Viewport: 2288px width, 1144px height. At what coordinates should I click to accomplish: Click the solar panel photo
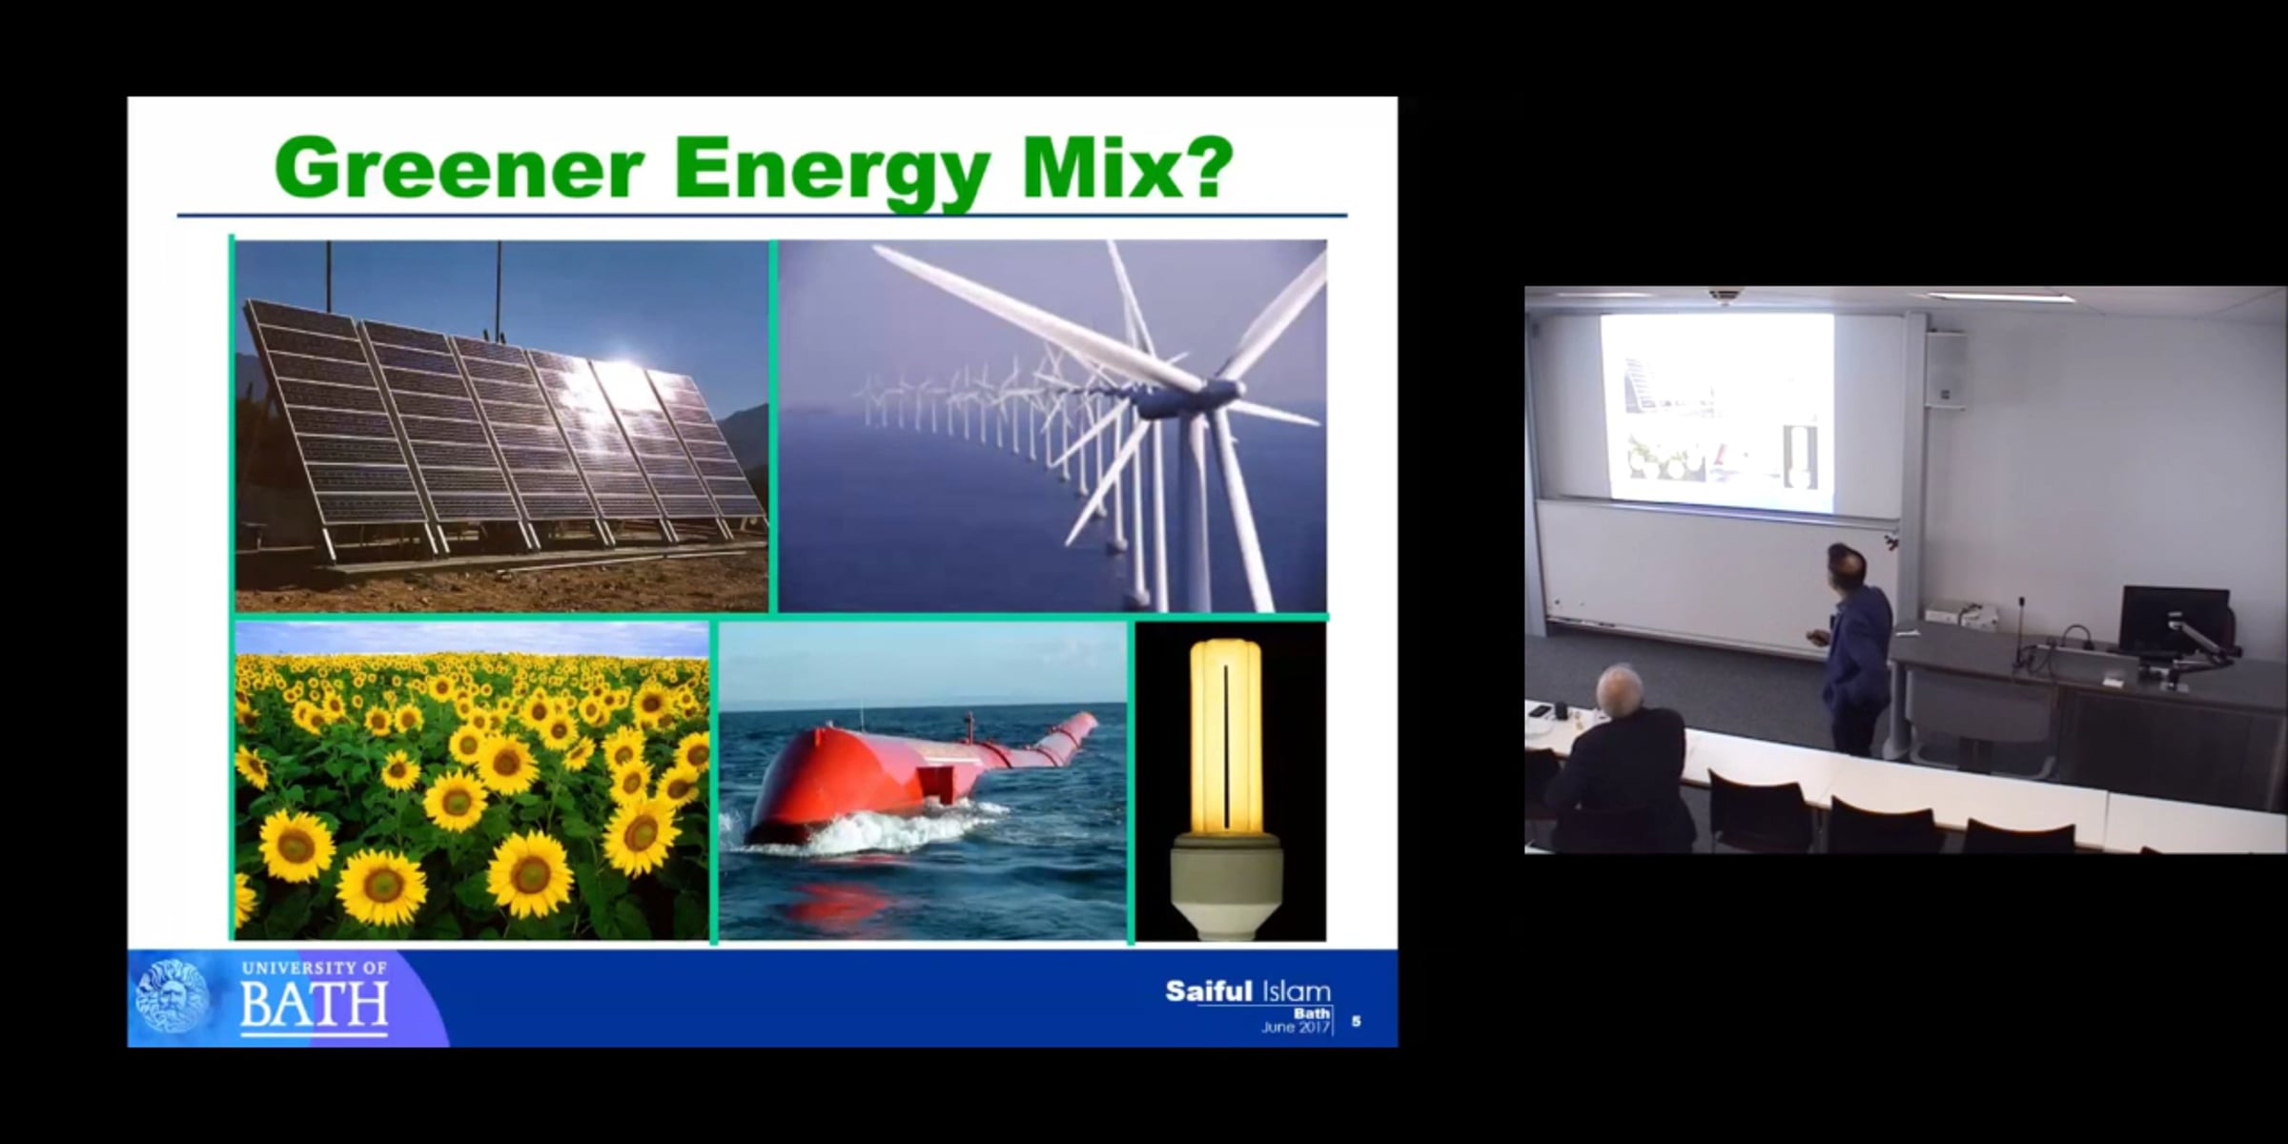point(501,425)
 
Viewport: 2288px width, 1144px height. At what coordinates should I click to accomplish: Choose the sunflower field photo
point(472,781)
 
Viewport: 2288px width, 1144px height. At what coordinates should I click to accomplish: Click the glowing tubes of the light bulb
point(1225,735)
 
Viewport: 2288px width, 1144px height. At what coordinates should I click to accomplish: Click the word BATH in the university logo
point(314,1005)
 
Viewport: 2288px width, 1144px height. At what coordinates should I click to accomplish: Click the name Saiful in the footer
point(1208,991)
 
